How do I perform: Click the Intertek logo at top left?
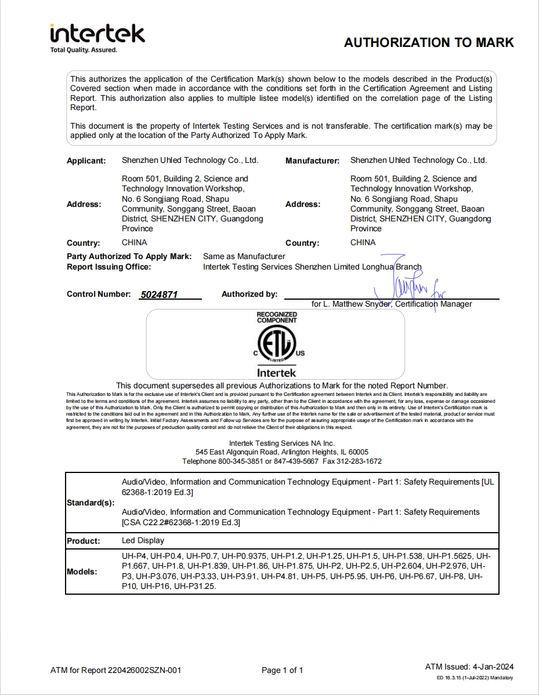(97, 34)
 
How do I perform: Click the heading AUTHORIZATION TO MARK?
(429, 42)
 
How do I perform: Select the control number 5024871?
(159, 294)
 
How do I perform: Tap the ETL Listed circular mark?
(276, 344)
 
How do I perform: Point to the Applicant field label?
(86, 161)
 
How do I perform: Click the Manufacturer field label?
(312, 161)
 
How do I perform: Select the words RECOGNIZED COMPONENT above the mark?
(277, 317)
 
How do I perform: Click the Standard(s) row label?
(91, 503)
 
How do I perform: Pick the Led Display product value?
(143, 541)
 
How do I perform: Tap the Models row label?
(82, 572)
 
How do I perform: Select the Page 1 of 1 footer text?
(283, 671)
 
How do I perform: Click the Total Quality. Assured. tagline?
(84, 50)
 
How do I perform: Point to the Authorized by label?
(249, 294)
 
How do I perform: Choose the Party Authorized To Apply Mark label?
(129, 256)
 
